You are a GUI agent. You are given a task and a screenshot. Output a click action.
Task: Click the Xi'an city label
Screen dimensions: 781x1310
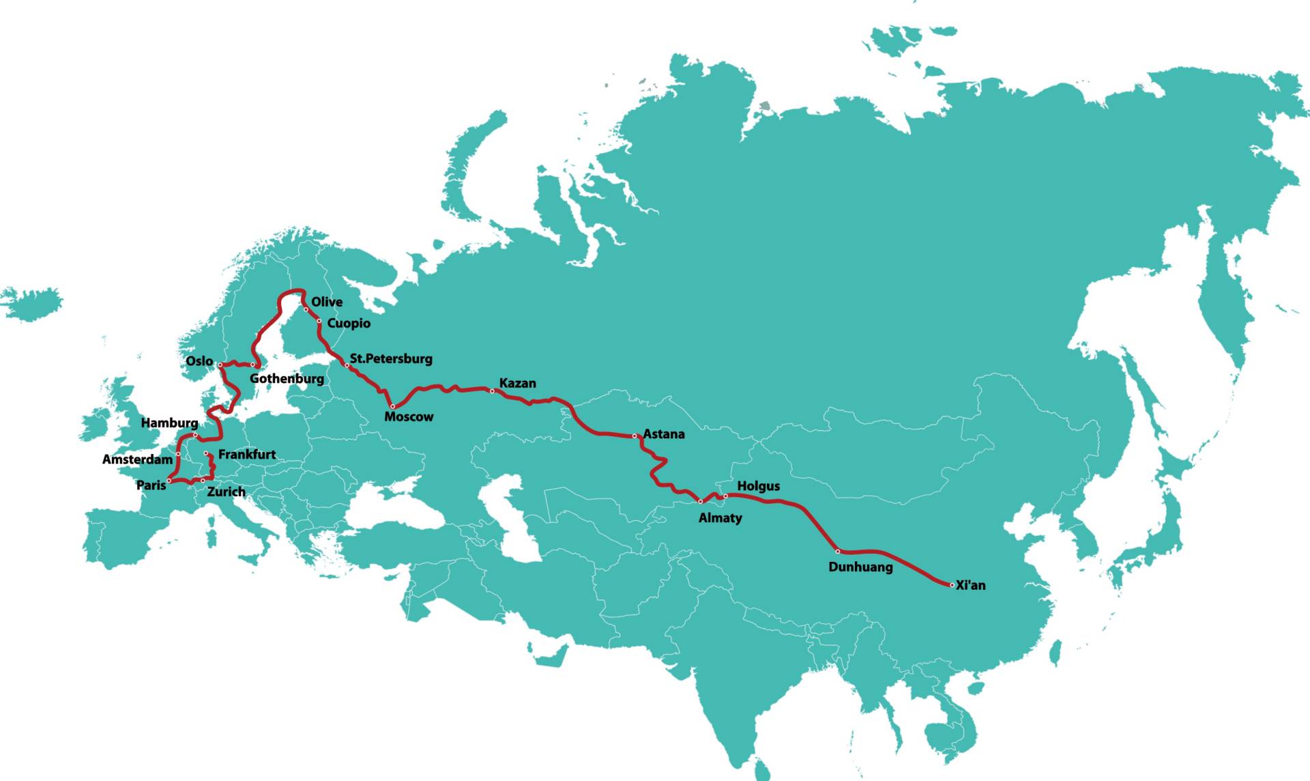tap(970, 585)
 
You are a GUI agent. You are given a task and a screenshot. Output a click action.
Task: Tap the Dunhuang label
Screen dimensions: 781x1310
tap(860, 567)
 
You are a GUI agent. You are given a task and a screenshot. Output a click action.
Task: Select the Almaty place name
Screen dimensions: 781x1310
tap(720, 517)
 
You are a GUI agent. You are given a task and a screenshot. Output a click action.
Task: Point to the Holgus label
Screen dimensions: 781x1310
tap(758, 486)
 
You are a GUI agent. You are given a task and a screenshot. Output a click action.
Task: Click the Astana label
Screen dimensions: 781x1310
tap(663, 434)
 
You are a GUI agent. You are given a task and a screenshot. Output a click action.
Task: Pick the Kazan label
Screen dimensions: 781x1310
tap(517, 383)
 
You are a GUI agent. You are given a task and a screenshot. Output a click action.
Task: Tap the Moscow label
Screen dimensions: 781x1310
tap(409, 416)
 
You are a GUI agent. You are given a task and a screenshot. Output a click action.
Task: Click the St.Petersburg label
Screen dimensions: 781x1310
tap(391, 358)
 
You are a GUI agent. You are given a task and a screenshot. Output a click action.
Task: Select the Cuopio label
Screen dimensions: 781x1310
tap(349, 323)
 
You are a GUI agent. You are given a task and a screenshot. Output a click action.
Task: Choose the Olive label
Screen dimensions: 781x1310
tap(327, 302)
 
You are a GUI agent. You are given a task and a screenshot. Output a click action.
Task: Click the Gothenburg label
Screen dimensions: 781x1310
tap(287, 378)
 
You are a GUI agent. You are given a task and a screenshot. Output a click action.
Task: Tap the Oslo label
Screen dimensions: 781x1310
tap(199, 360)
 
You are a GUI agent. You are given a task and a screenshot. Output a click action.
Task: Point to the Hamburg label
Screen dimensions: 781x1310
tap(169, 423)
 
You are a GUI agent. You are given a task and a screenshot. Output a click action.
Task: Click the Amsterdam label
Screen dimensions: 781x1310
tap(137, 459)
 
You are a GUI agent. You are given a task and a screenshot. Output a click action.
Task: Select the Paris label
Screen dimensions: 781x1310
tap(151, 485)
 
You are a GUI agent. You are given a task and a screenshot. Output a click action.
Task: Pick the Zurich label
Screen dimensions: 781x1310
tap(226, 492)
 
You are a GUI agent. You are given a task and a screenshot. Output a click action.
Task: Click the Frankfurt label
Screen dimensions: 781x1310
tap(247, 454)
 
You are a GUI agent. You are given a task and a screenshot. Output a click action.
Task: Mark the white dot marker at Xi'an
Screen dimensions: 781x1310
tap(952, 585)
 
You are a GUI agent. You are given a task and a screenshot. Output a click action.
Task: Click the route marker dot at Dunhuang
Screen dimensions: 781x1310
tap(838, 551)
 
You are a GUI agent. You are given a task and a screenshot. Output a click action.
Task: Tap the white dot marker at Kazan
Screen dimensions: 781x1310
tap(492, 391)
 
